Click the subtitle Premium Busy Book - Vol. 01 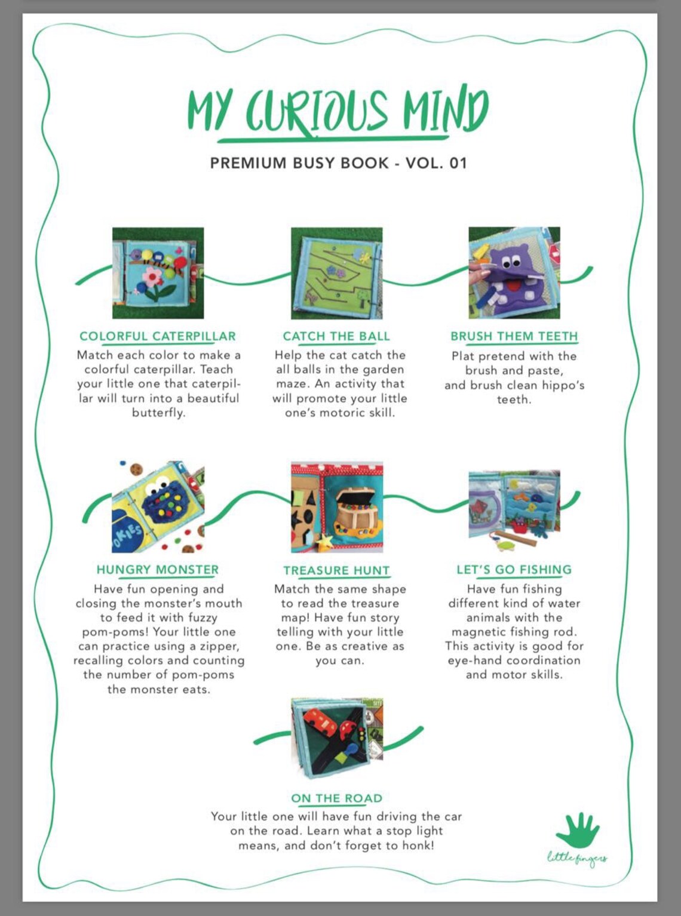click(339, 162)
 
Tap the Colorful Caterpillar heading click(158, 336)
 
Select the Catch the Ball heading click(336, 336)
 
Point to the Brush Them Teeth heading click(514, 336)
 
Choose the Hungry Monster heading click(158, 570)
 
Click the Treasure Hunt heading click(336, 570)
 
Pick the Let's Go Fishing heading click(514, 570)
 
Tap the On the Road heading click(337, 798)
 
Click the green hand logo click(577, 831)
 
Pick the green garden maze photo click(336, 273)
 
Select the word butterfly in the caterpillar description click(159, 413)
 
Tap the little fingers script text click(577, 860)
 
